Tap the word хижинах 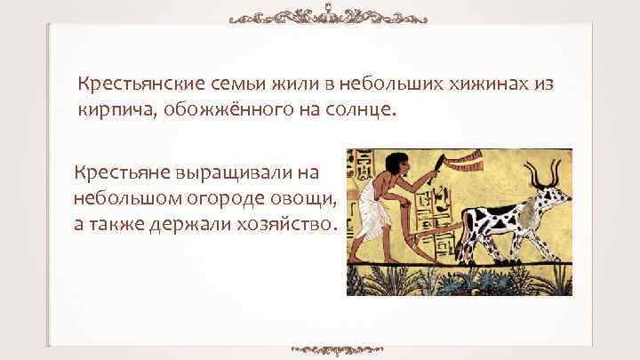(490, 84)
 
